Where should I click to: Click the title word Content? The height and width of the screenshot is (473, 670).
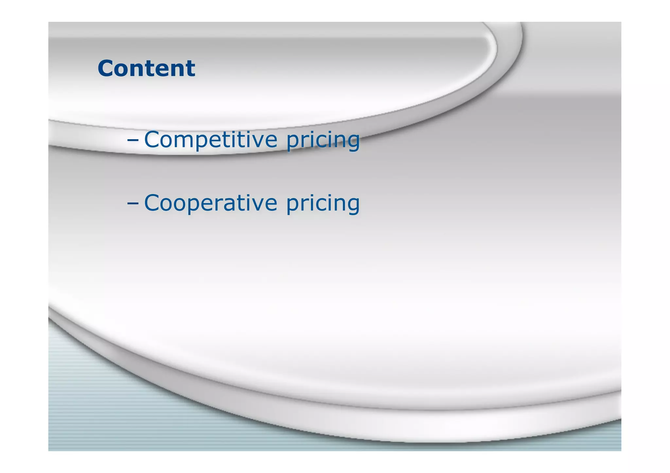click(x=146, y=68)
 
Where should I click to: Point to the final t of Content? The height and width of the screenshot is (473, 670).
click(x=191, y=69)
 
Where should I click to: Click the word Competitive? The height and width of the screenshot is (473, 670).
click(x=211, y=140)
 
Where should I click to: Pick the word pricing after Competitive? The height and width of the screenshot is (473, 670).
click(x=323, y=141)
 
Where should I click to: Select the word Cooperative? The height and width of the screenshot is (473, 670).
click(x=211, y=203)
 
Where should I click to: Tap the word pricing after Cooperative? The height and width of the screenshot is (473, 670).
click(x=323, y=204)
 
